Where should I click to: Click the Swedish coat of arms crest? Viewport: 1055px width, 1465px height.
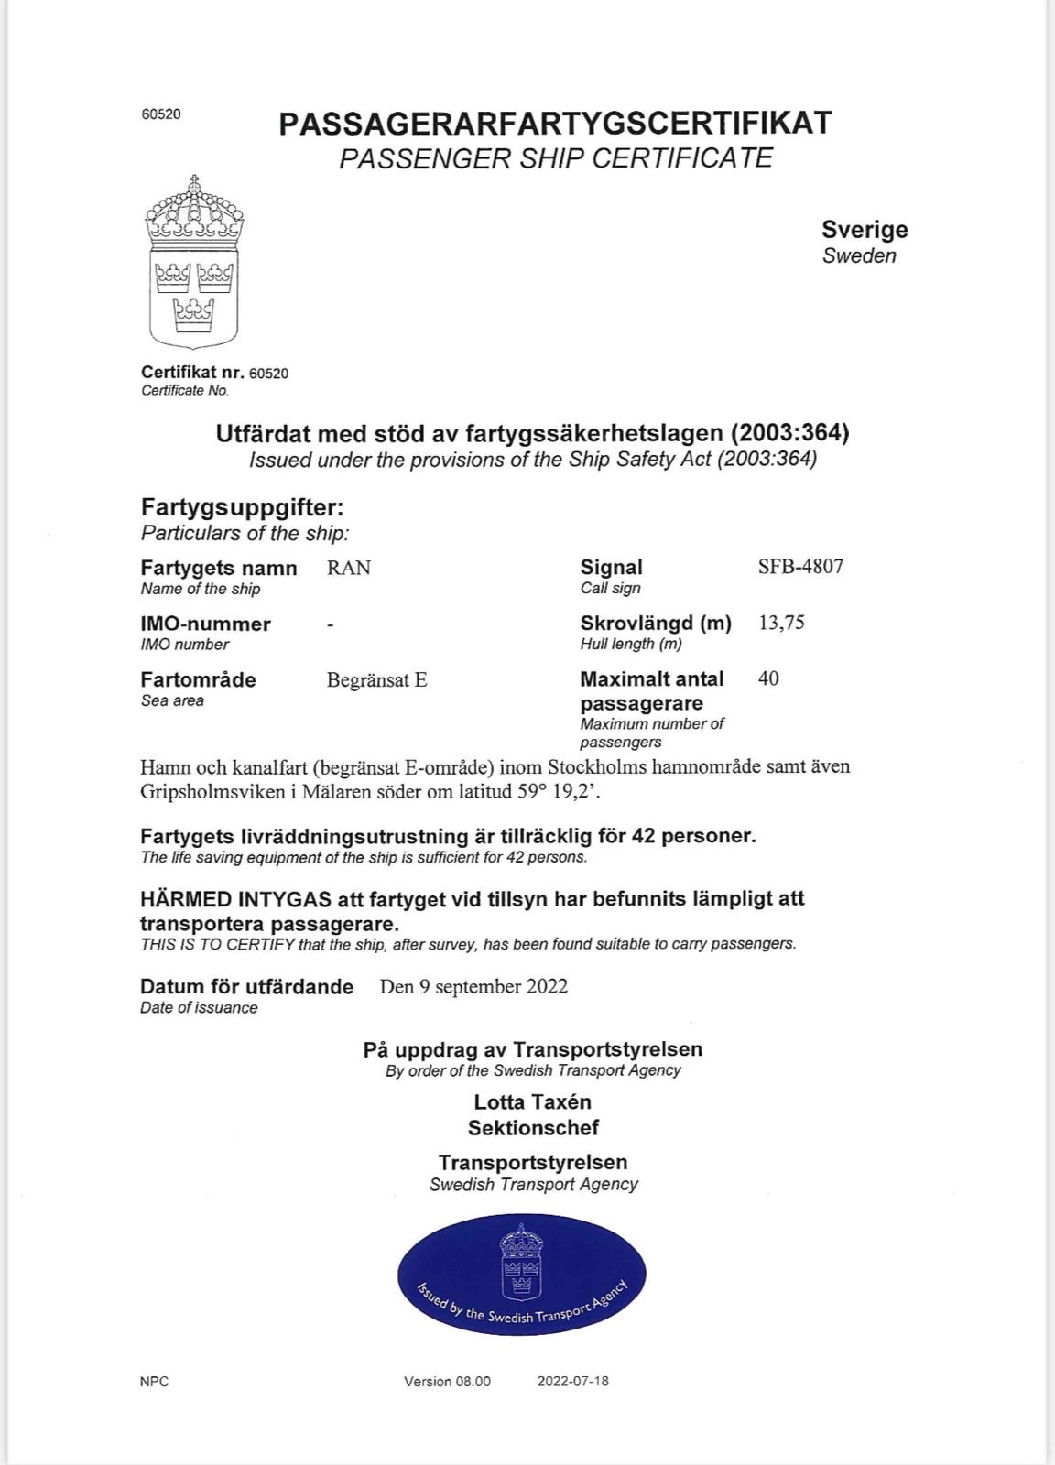[194, 263]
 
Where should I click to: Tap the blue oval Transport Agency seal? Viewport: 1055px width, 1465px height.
[522, 1274]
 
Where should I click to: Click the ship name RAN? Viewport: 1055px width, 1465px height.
[349, 568]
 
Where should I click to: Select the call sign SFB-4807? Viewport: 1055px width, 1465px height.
[800, 566]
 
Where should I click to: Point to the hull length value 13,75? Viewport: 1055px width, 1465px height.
[781, 623]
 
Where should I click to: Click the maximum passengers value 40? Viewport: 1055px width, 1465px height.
[769, 678]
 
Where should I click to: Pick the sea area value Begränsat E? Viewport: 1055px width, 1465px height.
[377, 680]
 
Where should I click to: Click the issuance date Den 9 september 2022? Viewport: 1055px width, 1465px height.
[473, 986]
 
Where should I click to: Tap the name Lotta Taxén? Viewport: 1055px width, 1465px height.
[532, 1101]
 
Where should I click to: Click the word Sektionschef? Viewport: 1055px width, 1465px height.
[533, 1127]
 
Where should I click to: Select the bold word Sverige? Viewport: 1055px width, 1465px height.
[865, 230]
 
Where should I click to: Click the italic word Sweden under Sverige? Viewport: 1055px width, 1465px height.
[859, 255]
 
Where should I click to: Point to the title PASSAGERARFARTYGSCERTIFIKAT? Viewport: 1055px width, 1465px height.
[555, 123]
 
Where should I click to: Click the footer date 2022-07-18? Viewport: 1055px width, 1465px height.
[572, 1381]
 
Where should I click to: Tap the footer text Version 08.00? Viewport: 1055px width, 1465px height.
[447, 1381]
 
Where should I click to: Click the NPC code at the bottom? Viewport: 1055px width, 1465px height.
[155, 1381]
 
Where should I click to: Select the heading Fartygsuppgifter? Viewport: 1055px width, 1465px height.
[242, 507]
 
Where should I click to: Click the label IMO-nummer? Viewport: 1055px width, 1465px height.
[205, 624]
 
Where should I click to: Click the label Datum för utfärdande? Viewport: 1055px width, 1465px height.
[246, 986]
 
